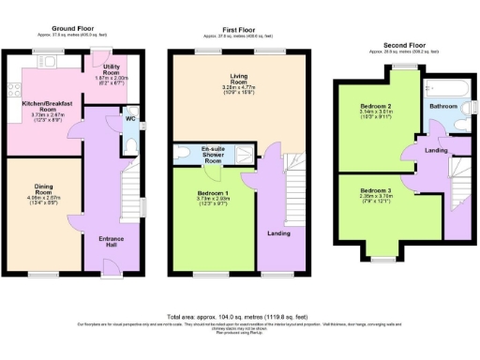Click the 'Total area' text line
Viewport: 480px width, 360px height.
pos(239,317)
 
